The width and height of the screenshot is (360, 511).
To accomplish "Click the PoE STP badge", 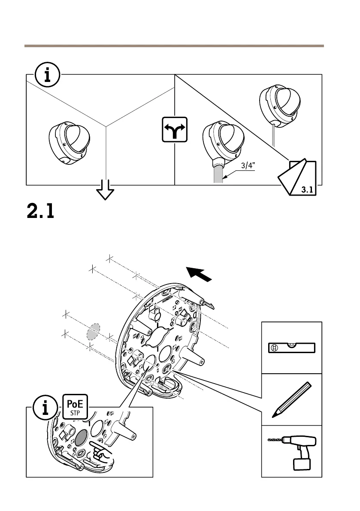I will [x=76, y=407].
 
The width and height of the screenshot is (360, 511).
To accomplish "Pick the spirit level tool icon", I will [x=292, y=348].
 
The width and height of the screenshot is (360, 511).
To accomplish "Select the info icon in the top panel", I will [x=47, y=75].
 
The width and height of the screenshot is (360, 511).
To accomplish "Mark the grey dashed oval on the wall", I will [x=93, y=332].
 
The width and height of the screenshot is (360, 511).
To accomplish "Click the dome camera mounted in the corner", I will [x=70, y=142].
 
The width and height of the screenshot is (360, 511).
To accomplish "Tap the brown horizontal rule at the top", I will [x=174, y=45].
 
